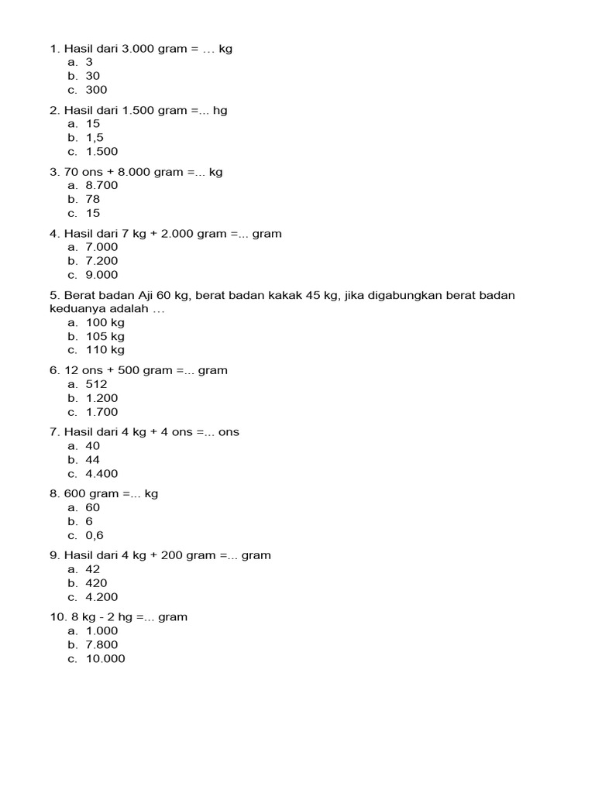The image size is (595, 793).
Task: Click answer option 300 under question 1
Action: coord(97,90)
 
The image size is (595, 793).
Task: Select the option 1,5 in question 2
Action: coord(95,138)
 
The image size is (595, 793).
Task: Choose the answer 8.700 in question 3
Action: coord(101,186)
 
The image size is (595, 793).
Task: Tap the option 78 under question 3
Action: coord(93,200)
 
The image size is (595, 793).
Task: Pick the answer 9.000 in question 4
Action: coord(101,275)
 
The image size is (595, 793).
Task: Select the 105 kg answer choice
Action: coord(105,337)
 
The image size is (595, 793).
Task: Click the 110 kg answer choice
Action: coord(105,350)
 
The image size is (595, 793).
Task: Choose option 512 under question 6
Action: coord(97,385)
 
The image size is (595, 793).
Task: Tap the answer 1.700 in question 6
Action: coord(101,413)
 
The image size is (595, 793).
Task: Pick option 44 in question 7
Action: coord(93,460)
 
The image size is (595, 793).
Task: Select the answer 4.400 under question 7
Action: coord(101,474)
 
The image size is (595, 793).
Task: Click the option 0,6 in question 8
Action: coord(95,536)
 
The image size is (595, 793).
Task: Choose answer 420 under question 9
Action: coord(97,583)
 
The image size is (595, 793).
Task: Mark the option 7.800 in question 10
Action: coord(101,645)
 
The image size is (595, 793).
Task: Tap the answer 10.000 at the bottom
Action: coord(105,659)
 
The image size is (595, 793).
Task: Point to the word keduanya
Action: coord(75,309)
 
